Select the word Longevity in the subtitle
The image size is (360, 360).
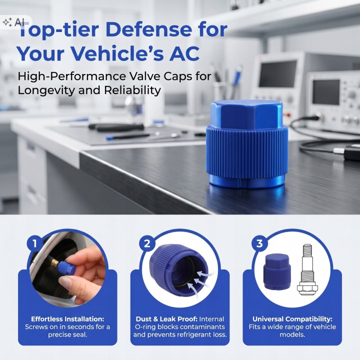point(46,90)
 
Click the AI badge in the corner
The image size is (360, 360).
point(14,22)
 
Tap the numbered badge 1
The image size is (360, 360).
point(35,243)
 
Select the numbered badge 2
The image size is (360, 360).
point(147,243)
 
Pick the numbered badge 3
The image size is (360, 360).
point(259,243)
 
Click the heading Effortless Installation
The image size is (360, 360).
point(67,319)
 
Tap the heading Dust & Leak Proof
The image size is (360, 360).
point(166,319)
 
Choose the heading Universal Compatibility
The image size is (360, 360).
point(292,319)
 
